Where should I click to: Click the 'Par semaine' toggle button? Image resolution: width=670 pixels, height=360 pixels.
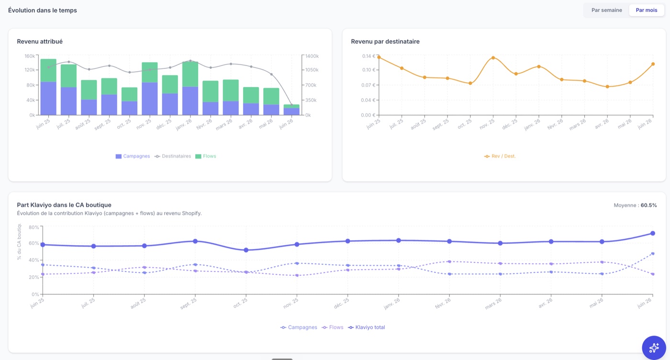(607, 10)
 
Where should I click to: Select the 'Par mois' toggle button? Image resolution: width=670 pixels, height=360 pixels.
(647, 10)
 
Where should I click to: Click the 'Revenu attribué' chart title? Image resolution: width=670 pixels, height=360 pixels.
(40, 42)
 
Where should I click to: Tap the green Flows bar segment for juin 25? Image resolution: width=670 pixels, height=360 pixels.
(48, 70)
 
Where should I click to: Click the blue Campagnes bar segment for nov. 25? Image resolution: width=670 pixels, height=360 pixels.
(149, 99)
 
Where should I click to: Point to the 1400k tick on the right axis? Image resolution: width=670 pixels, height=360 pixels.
(312, 56)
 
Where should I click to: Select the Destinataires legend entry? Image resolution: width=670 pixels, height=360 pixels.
(173, 156)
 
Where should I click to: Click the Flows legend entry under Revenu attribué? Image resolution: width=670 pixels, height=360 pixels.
(205, 156)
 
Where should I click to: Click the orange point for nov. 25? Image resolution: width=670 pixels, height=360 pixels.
(493, 58)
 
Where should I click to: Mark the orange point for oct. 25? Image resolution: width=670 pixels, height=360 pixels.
(470, 83)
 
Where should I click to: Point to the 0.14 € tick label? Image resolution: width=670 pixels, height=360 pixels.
(368, 56)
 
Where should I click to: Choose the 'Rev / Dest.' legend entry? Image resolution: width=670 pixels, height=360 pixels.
(500, 156)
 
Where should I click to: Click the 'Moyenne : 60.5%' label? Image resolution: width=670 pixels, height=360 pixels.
(636, 205)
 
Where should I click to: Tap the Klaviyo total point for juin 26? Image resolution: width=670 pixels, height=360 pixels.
(653, 234)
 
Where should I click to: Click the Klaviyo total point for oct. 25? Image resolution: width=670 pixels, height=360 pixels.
(246, 250)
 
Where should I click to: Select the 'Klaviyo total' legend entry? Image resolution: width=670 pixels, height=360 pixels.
(367, 327)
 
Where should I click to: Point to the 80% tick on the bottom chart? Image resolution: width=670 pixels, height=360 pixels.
(34, 227)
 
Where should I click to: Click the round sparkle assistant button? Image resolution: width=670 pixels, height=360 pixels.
(654, 348)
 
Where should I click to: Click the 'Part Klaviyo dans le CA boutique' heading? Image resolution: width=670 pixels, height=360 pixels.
(64, 205)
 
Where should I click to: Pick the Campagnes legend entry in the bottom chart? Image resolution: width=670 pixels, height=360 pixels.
(299, 327)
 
